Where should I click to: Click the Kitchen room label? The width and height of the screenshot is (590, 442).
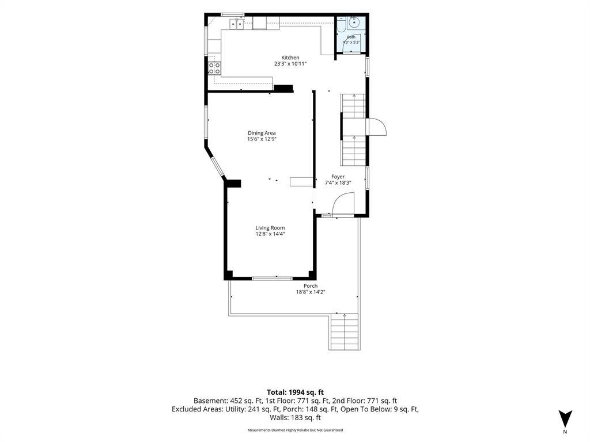coord(290,58)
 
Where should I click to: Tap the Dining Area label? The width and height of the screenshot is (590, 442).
coord(262,133)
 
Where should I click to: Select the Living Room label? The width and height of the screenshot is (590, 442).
coord(270,227)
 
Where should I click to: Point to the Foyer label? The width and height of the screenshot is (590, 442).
coord(338,177)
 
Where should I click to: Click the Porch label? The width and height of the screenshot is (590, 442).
coord(311,285)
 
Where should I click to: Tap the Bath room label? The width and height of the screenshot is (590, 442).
coord(351,37)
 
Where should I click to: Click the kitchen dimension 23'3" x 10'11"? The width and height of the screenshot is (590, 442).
coord(290,64)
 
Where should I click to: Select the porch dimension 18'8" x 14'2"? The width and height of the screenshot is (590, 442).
coord(311,292)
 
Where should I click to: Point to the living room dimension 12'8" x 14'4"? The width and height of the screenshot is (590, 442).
coord(270,234)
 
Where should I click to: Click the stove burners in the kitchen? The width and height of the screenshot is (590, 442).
coord(214,68)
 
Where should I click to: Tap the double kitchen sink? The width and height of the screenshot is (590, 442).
coord(237,24)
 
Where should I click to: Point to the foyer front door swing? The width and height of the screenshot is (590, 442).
coord(343,204)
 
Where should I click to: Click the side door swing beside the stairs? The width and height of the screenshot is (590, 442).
coord(376,127)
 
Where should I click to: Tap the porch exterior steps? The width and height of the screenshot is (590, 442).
coord(344,331)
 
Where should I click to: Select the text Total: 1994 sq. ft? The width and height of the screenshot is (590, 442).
coord(295,393)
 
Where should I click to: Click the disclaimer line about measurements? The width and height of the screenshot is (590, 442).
coord(295,430)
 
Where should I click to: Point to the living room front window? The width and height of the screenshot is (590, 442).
coord(272,278)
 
